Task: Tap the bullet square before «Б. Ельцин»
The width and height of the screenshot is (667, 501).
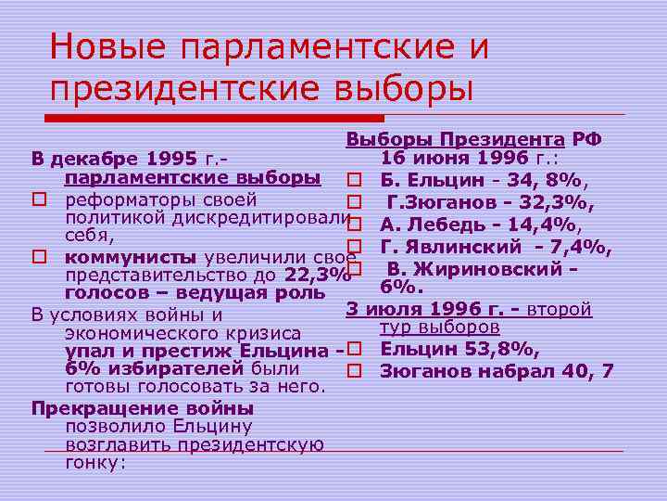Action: click(352, 179)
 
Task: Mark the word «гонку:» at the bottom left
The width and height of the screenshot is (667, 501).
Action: click(94, 463)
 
